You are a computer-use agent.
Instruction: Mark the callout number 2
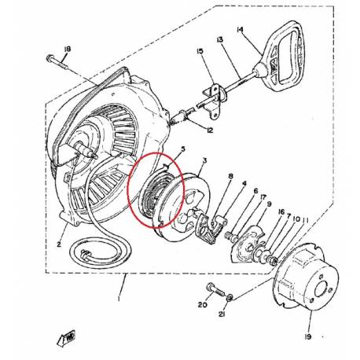click(57, 244)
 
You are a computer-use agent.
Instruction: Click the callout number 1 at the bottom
click(121, 299)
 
